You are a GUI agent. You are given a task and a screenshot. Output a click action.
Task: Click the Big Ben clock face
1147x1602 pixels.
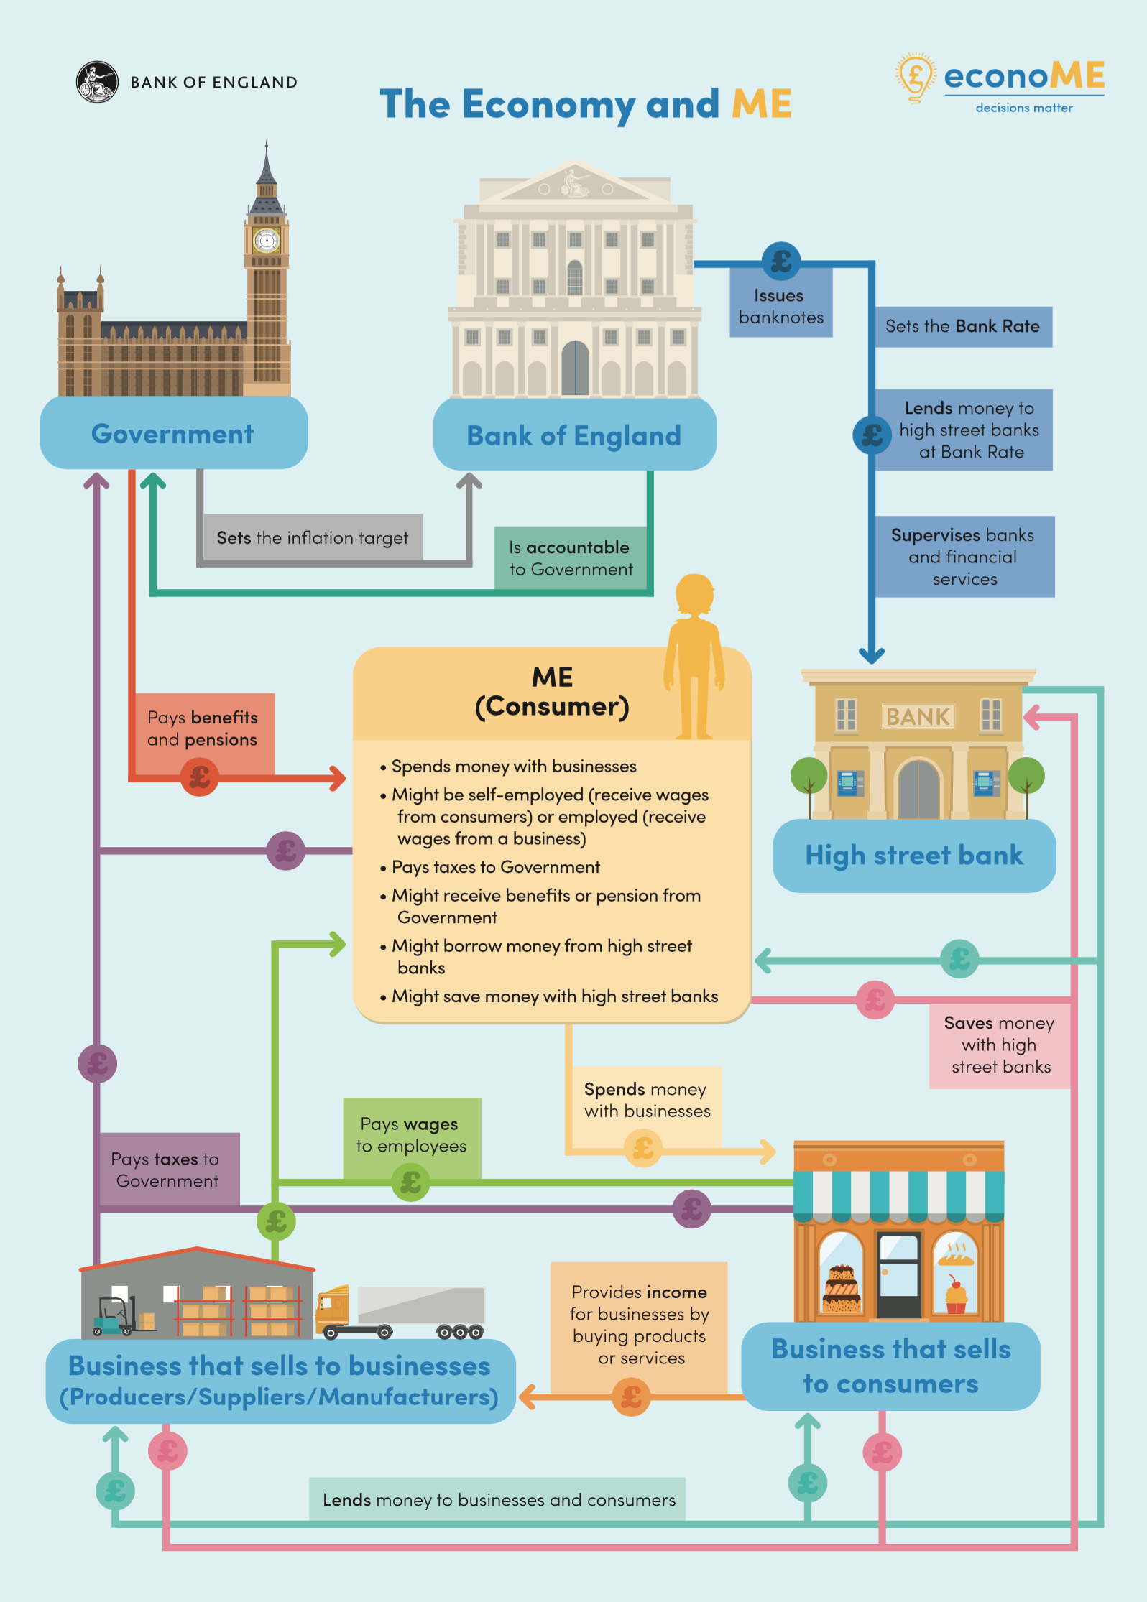point(267,239)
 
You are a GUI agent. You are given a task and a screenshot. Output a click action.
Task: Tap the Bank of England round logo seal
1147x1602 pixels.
point(97,82)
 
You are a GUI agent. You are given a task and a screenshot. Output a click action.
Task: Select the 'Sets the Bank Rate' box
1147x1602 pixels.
point(962,327)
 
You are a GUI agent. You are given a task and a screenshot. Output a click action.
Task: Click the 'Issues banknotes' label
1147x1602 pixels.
point(780,307)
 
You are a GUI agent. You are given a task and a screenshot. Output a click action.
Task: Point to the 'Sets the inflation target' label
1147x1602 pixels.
point(312,538)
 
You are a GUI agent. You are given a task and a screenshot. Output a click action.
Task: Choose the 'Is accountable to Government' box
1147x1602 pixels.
point(571,558)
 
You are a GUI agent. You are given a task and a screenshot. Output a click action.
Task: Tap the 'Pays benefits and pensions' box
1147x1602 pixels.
point(203,728)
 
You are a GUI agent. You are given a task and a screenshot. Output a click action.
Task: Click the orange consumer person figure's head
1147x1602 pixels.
point(694,593)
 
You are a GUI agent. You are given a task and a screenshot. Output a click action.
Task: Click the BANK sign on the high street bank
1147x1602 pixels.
point(918,716)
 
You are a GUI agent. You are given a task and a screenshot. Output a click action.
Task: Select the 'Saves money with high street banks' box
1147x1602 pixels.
point(1000,1045)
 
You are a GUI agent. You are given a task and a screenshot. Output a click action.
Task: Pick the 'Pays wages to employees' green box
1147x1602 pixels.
point(411,1135)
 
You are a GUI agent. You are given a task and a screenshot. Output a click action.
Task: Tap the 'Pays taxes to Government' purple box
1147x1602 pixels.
point(167,1170)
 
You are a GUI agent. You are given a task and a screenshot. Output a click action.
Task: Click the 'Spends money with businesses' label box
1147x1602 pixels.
point(646,1100)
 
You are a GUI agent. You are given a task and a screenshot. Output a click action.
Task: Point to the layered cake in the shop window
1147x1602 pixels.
point(841,1290)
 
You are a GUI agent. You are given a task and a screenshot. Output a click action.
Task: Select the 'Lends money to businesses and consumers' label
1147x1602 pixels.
point(498,1500)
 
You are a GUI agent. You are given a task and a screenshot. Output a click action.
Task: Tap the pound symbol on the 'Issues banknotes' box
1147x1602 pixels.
point(781,261)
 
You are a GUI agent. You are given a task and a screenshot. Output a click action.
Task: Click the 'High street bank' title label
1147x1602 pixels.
point(913,856)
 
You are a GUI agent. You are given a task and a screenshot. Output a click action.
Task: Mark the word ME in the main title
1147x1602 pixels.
point(761,104)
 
